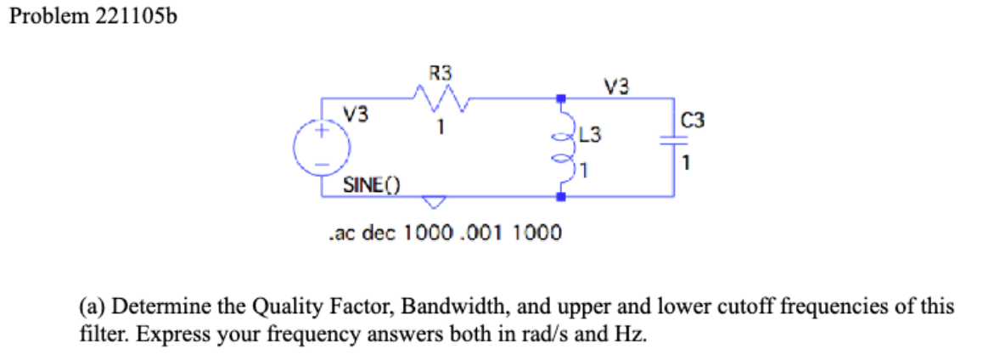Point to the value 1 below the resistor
[x=441, y=130]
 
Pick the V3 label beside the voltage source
[x=356, y=115]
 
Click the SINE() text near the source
[x=371, y=184]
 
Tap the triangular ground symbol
[x=434, y=202]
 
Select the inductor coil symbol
[x=562, y=149]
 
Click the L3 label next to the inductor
[x=592, y=134]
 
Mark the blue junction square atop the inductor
[x=561, y=98]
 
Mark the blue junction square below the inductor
[x=561, y=197]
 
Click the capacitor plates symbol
[x=676, y=145]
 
